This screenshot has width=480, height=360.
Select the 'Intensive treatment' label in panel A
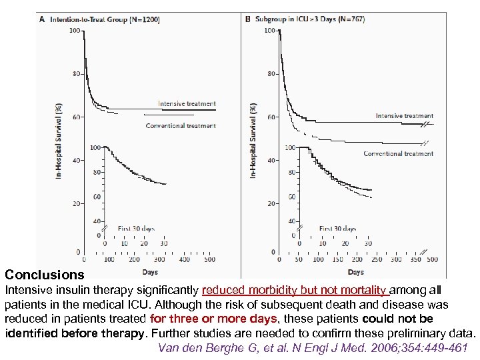(187, 104)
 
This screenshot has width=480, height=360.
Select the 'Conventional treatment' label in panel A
(181, 126)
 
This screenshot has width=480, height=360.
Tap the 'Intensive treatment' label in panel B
(404, 116)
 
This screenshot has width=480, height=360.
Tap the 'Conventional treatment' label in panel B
(398, 154)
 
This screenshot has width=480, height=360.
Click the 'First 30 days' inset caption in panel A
(136, 229)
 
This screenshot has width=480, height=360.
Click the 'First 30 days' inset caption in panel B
(337, 229)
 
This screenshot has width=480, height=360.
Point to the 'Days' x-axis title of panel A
(150, 272)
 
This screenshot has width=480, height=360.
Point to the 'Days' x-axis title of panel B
(355, 272)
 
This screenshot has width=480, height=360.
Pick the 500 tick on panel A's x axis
(209, 259)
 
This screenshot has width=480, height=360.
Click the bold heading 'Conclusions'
(45, 275)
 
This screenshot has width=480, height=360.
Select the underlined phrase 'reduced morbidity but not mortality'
(295, 290)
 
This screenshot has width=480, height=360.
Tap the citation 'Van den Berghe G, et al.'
(217, 347)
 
